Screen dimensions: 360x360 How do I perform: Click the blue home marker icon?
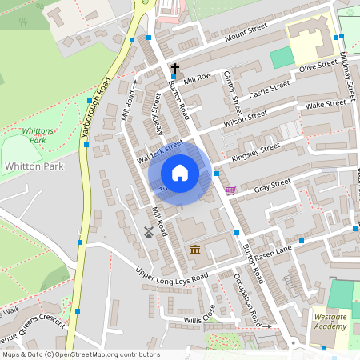[180, 173]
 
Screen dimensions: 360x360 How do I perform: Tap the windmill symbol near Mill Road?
[148, 232]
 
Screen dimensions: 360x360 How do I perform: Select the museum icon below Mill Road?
[195, 251]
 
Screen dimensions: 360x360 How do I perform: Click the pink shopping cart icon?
[231, 190]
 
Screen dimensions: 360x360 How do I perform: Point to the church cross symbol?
[175, 70]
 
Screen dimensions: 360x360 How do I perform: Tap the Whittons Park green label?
[38, 134]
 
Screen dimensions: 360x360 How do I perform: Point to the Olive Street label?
[318, 66]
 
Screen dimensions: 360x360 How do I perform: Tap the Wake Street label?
[326, 105]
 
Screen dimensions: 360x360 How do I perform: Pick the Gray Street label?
[272, 186]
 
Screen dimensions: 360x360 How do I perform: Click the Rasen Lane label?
[274, 251]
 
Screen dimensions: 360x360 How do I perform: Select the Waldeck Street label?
[160, 150]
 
